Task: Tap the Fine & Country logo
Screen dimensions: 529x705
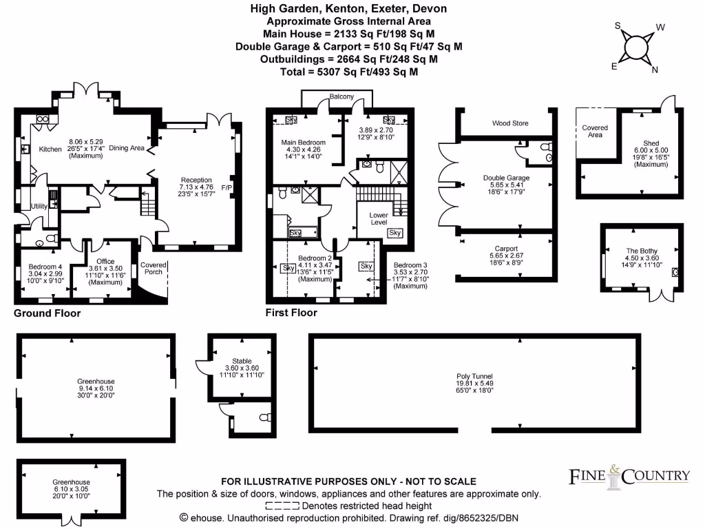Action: tap(629, 476)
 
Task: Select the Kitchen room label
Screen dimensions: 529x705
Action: tap(50, 149)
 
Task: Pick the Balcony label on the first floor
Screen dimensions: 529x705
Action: tap(342, 96)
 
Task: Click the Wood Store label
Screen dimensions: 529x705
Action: tap(510, 123)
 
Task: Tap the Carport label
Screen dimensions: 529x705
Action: tap(506, 248)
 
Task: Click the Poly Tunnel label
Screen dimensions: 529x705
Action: tap(475, 376)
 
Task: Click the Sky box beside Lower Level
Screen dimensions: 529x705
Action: tap(395, 233)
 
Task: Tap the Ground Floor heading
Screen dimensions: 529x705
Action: tap(48, 313)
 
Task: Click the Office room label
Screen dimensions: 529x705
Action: tap(105, 260)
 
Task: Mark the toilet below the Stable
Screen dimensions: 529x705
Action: tap(264, 418)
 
